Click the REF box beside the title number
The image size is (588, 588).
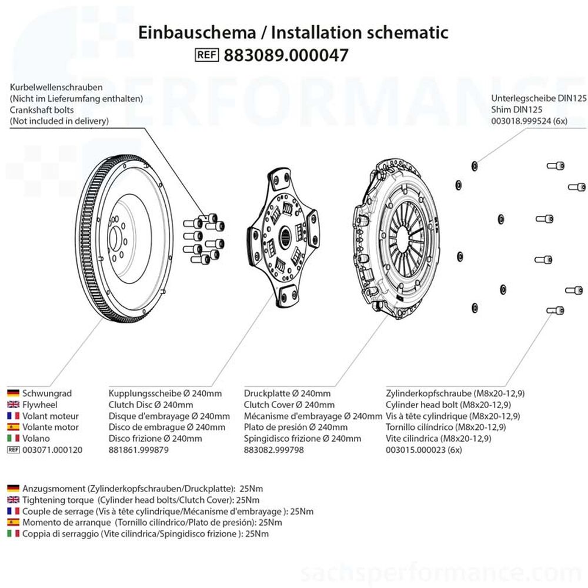point(206,55)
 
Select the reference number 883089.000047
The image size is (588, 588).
point(286,55)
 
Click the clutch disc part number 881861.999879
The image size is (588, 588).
point(139,450)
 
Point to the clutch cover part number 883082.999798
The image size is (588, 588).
point(275,450)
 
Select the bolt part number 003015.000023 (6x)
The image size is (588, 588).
point(424,450)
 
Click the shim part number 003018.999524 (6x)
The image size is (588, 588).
point(530,121)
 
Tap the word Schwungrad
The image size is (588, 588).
point(47,393)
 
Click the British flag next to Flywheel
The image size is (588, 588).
point(13,405)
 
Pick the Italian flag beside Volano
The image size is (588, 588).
point(13,438)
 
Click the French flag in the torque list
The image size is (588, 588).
point(13,511)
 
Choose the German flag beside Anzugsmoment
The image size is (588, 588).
point(13,489)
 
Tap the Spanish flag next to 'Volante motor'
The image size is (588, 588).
point(13,427)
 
